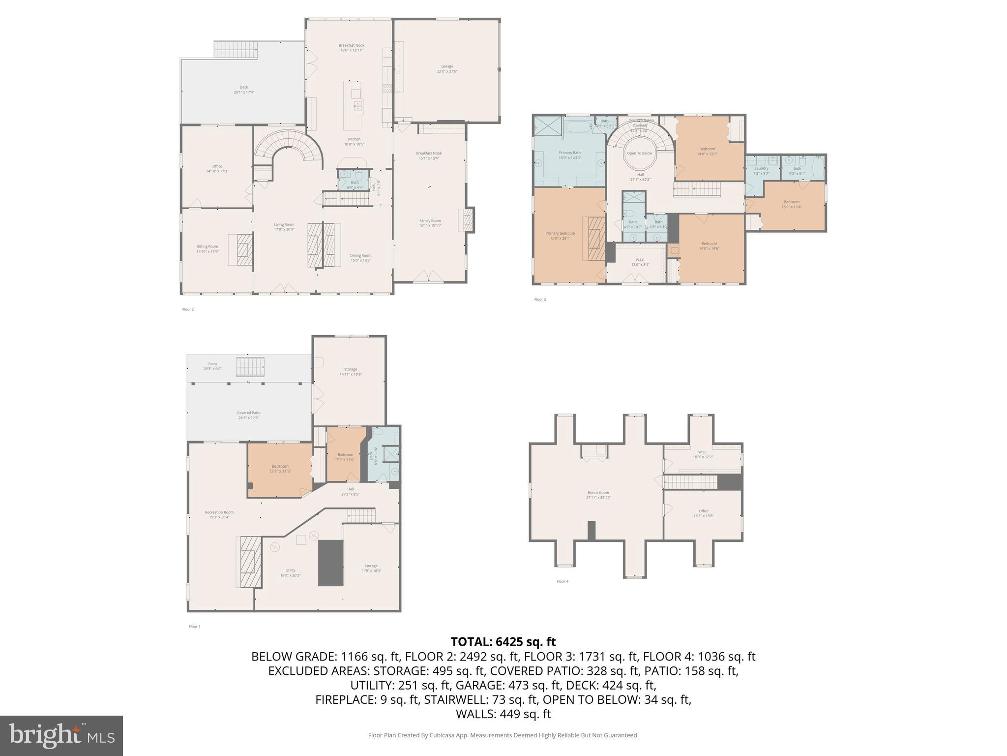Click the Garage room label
447,68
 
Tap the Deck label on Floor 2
244,90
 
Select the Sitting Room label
207,249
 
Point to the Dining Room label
360,257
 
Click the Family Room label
430,223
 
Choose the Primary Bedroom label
560,235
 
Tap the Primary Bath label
569,155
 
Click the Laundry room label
761,170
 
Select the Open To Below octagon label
639,153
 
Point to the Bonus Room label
598,495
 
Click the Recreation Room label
219,514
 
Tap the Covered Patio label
248,415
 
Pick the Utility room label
290,572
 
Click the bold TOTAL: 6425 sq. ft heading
503,642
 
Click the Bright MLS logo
61,735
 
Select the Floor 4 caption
562,581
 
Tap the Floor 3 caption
540,299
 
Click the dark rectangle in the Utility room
330,563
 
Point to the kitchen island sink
358,105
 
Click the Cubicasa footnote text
503,735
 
